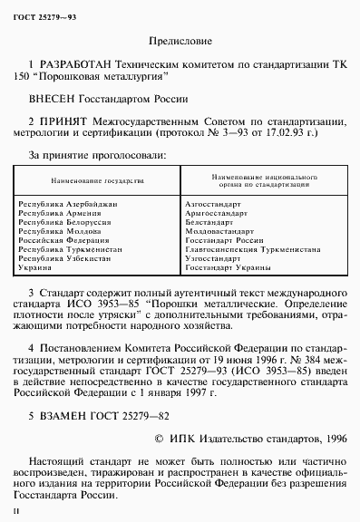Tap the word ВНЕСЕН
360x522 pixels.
[54, 101]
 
